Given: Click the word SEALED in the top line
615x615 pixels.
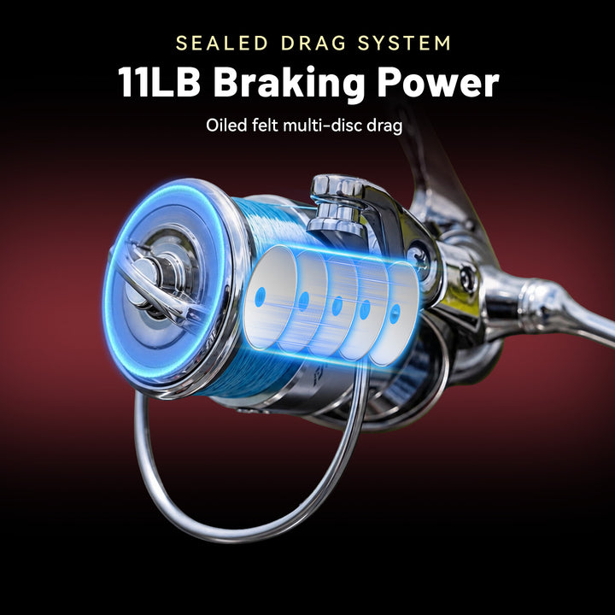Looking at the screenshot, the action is (x=221, y=44).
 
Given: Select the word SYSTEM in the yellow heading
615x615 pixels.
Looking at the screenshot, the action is (x=404, y=44).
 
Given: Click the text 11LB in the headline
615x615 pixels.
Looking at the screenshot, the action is (x=159, y=82).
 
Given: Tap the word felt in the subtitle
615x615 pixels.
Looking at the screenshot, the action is (x=265, y=126).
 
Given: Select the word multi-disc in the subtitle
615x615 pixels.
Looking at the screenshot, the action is (x=322, y=126).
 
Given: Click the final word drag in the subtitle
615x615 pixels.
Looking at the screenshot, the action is (x=384, y=126).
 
